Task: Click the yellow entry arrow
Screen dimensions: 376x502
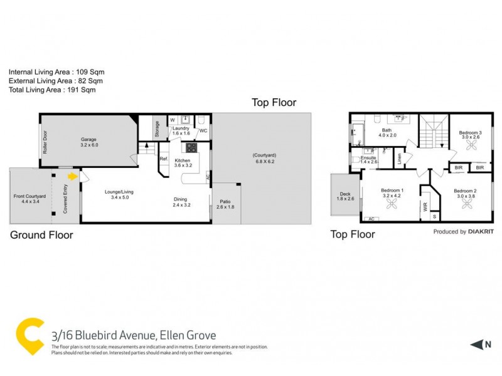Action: (x=73, y=177)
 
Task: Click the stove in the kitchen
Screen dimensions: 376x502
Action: (x=190, y=149)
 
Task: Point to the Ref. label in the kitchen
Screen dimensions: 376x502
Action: (x=163, y=159)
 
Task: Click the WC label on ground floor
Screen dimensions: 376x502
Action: (x=203, y=131)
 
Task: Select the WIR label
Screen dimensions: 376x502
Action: (x=425, y=207)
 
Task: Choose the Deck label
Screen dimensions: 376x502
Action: (x=346, y=197)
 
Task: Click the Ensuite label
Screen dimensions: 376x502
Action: (x=368, y=158)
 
